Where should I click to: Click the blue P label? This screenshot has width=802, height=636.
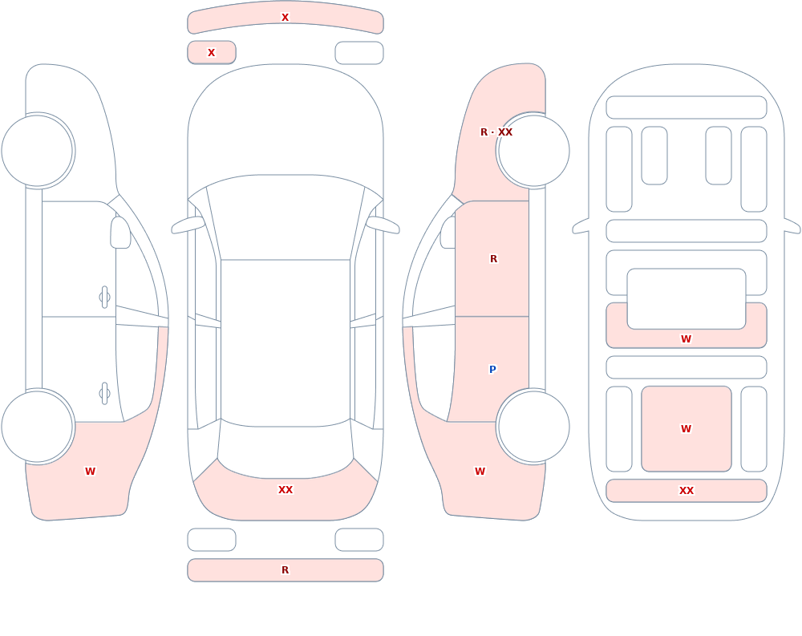[492, 369]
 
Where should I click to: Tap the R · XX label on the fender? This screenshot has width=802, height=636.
[496, 132]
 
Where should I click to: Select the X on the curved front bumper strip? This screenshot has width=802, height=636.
[286, 18]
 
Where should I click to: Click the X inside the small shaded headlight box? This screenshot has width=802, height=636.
[211, 53]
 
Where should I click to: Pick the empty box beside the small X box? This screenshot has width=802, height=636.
[359, 53]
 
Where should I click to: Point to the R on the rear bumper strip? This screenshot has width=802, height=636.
[286, 570]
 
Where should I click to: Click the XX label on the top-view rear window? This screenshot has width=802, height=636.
[286, 490]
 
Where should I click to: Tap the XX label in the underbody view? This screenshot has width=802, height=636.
[687, 491]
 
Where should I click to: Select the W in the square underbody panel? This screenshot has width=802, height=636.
[687, 429]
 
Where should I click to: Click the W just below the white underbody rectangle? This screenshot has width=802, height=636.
[687, 338]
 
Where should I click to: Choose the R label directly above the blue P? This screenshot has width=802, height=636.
[493, 259]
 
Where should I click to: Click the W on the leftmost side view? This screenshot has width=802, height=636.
[90, 472]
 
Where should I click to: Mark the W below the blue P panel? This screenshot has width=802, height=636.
[480, 472]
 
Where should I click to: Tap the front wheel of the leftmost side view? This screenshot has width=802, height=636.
[38, 151]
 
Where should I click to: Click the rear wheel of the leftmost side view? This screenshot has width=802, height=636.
[38, 426]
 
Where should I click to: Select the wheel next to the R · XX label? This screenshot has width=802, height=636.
[533, 151]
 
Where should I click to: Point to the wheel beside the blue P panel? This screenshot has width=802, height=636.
[533, 426]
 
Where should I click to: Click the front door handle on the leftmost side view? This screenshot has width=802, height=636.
[104, 298]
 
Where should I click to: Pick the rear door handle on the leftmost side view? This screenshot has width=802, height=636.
[104, 394]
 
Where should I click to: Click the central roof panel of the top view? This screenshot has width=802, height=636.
[286, 342]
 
